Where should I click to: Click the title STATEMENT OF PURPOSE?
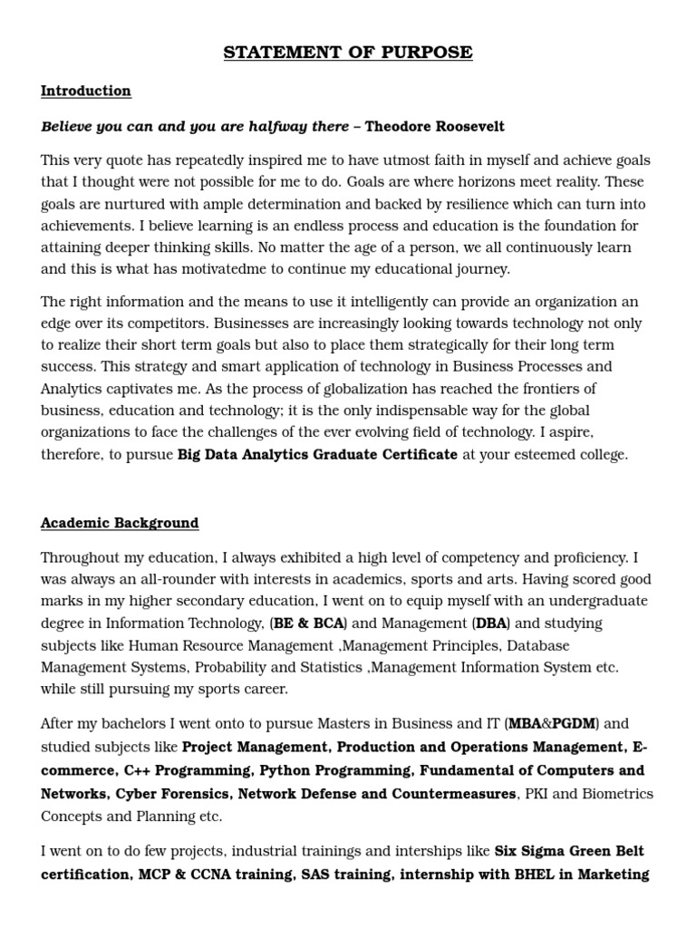(348, 53)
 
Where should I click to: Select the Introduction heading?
(86, 91)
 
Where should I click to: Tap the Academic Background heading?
(120, 523)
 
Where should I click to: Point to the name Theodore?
(401, 126)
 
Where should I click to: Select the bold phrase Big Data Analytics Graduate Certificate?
(317, 454)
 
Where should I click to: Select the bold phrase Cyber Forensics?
(172, 794)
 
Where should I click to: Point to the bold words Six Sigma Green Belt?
(569, 851)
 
